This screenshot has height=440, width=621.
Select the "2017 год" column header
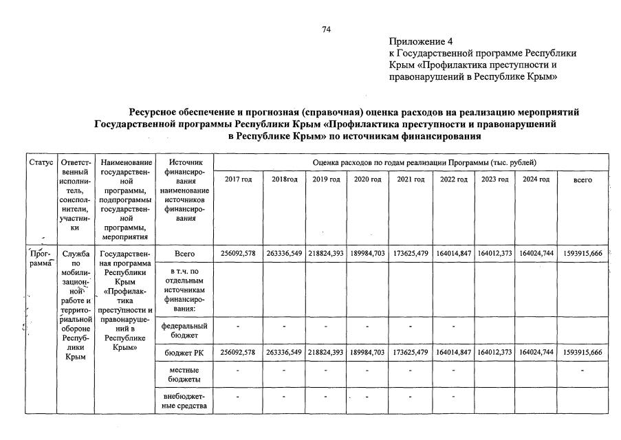[x=239, y=179]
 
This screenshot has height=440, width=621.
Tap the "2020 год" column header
[x=367, y=179]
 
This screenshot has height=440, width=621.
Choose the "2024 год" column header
[x=536, y=179]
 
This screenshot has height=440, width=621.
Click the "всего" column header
[x=582, y=179]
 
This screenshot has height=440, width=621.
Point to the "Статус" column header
[x=41, y=162]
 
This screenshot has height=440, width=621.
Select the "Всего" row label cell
[x=184, y=254]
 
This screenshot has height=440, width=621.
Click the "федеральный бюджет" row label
[x=184, y=331]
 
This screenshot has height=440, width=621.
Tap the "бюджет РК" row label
[x=184, y=353]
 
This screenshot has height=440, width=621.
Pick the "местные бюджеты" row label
[x=184, y=374]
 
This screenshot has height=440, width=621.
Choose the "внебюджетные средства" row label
[x=184, y=401]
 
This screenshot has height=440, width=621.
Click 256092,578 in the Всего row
[x=238, y=254]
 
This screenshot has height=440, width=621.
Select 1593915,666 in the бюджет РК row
[x=582, y=353]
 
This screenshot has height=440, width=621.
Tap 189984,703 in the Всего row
[x=367, y=254]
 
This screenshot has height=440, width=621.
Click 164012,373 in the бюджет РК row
[x=494, y=353]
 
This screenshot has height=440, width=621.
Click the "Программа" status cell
[x=41, y=258]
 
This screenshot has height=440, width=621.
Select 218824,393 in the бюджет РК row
[x=325, y=353]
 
